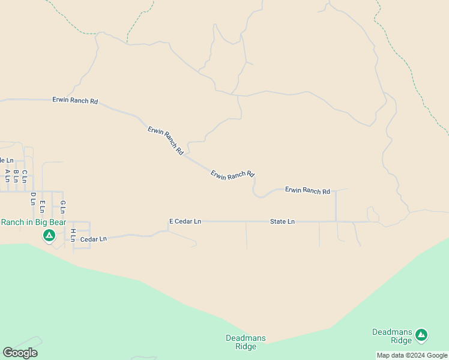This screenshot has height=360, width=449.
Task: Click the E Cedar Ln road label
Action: pos(185,221)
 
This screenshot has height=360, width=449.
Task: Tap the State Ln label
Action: pos(282,221)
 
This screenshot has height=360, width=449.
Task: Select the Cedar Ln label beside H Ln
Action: pos(93,239)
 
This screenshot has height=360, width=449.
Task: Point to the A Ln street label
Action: pos(7,175)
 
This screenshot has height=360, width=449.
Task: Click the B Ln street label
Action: pos(16,175)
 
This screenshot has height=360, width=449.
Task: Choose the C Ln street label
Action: pos(25,176)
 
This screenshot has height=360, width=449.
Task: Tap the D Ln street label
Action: pos(33,199)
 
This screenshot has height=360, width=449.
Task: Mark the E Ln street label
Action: pos(42,206)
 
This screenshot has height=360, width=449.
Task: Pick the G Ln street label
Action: pos(62,207)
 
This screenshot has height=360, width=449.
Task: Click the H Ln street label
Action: pos(73,235)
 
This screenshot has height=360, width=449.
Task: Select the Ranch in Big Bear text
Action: pos(33,222)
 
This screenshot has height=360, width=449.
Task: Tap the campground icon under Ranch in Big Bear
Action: pos(49,235)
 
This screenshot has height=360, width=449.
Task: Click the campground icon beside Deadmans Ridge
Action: pos(421,335)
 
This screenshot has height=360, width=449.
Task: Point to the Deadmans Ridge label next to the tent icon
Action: pos(393,336)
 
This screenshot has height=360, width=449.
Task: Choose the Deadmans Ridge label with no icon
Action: pos(246,342)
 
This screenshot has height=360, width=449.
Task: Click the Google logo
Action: pos(20,353)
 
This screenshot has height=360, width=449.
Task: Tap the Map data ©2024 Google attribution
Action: pos(412,355)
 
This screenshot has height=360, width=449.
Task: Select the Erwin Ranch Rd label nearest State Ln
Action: pos(307,191)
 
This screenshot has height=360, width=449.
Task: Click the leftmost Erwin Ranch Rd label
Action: pos(75,101)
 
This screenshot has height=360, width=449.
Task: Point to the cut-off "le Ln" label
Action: pos(7,160)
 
